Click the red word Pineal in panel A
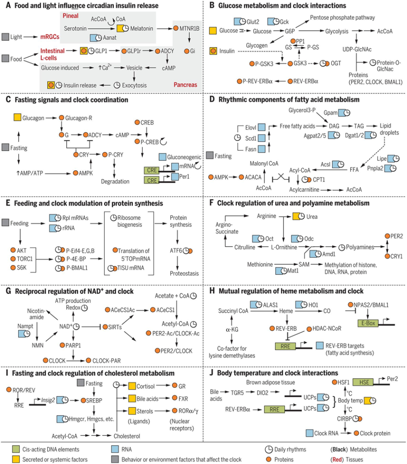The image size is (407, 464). (70, 16)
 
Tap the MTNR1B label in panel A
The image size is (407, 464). (190, 29)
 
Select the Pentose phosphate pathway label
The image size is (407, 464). (342, 18)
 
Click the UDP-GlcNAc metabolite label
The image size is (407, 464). (357, 49)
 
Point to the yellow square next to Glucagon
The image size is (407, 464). (18, 117)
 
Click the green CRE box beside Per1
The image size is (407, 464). (152, 180)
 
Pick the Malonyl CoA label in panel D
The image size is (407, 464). (264, 163)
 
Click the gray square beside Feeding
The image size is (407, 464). (5, 222)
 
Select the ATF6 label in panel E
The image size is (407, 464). (176, 250)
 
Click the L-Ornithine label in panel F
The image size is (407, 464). (284, 247)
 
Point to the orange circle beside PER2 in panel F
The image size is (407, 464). (387, 236)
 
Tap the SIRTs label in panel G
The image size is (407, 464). (115, 327)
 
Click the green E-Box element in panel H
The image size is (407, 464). (368, 323)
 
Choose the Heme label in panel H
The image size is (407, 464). (286, 311)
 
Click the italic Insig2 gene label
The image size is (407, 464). (48, 400)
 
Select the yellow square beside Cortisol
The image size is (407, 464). (132, 386)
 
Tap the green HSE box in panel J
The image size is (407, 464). (364, 382)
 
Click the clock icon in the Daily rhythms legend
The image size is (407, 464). (269, 449)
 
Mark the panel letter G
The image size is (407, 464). (8, 291)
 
